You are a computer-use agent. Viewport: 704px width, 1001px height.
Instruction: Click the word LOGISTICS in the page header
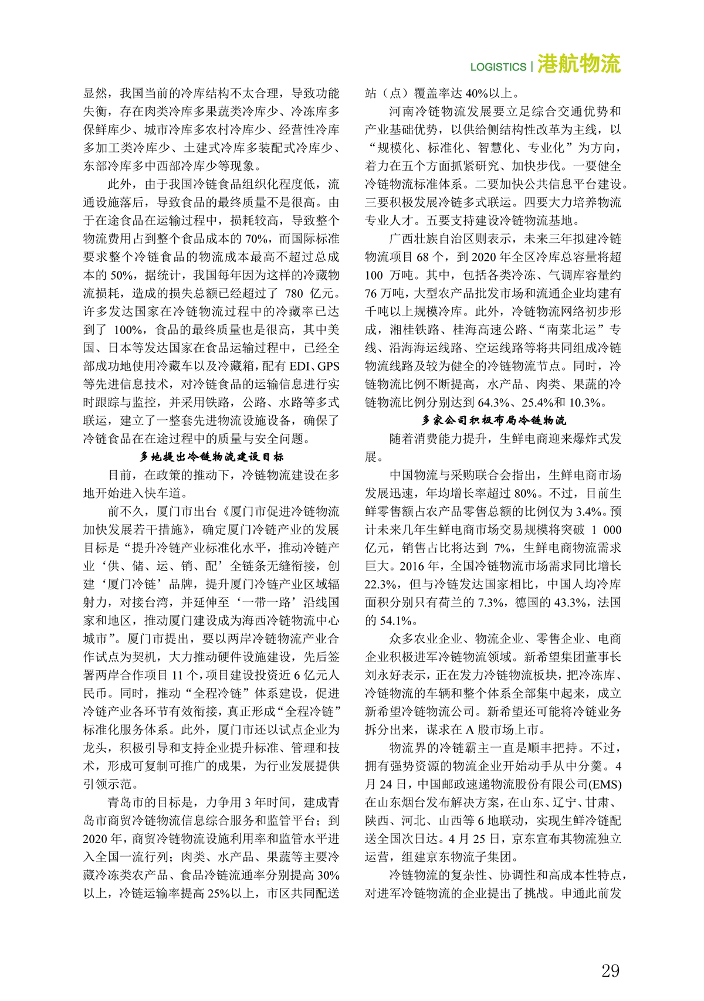coord(498,67)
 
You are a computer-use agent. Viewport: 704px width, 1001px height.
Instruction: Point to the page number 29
coord(610,971)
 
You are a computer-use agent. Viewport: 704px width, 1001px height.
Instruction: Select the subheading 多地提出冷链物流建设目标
coord(211,457)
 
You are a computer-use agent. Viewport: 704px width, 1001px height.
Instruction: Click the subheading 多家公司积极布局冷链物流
coord(493,420)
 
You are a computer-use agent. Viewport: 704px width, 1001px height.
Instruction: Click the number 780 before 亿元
coord(294,293)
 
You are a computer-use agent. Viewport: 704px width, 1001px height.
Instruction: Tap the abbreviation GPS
coord(328,366)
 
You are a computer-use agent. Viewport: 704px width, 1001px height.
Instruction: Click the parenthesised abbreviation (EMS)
coord(604,785)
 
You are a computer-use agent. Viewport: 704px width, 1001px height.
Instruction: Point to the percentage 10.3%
coord(584,402)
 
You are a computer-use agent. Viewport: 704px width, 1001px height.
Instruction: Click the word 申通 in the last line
coord(574,894)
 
